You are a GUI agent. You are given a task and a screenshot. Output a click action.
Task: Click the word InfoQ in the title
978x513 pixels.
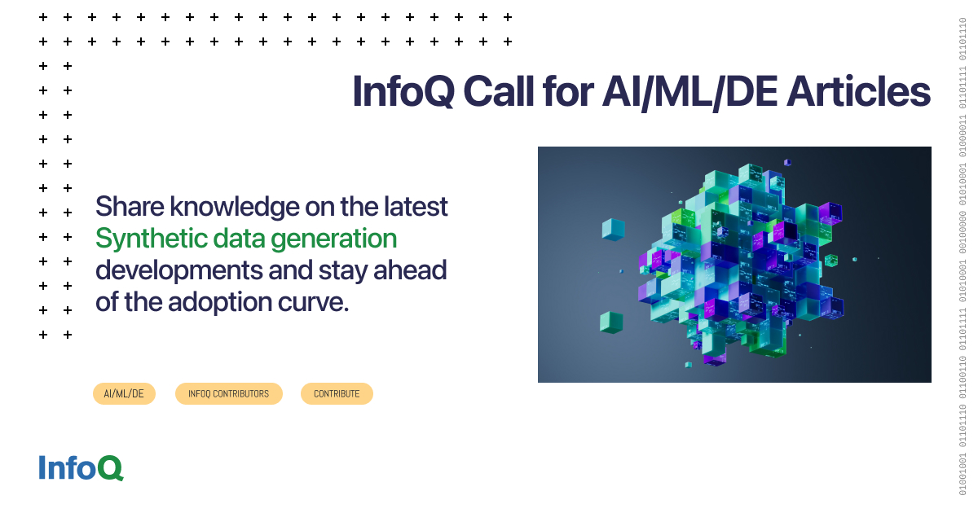(x=403, y=92)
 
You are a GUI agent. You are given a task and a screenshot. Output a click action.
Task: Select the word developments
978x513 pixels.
(x=177, y=270)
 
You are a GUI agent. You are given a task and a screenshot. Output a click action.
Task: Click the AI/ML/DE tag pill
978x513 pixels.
(x=124, y=393)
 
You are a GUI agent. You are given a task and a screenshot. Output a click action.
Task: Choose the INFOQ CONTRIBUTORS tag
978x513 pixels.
(x=228, y=393)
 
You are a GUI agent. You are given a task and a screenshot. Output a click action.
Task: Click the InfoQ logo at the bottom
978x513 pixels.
(x=81, y=467)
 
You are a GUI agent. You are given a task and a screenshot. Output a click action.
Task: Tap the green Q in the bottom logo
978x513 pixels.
(x=111, y=467)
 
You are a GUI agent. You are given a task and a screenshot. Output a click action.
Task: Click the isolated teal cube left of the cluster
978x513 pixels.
(x=613, y=229)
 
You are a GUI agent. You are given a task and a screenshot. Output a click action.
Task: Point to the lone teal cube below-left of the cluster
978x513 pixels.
(x=611, y=322)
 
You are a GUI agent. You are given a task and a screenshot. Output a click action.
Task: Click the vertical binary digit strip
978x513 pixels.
(x=963, y=256)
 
